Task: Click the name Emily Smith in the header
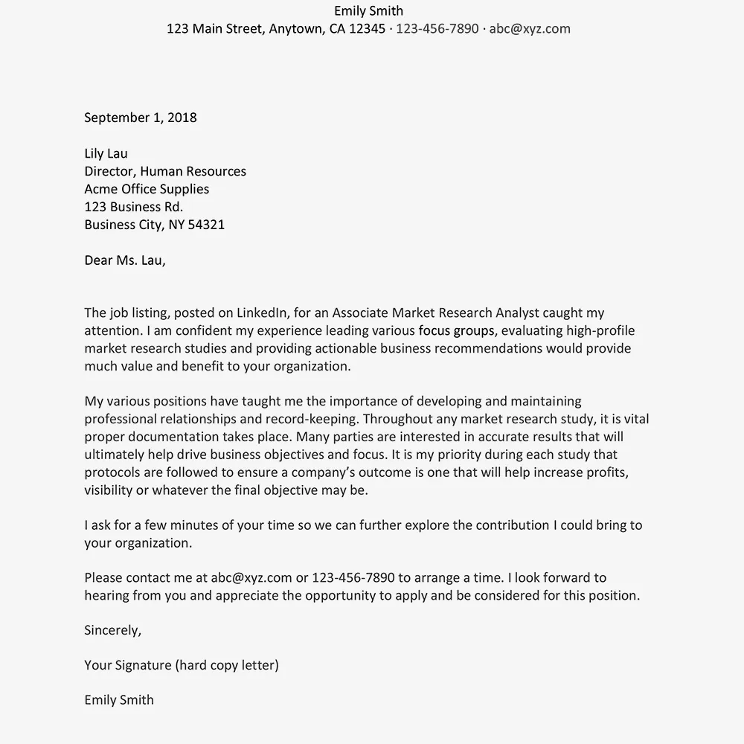[x=368, y=11]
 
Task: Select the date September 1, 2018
[x=141, y=118]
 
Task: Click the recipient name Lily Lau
[x=106, y=154]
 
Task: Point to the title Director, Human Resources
[x=165, y=172]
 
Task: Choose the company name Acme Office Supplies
[x=147, y=190]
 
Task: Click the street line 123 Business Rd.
[x=133, y=207]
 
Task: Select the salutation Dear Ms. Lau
[x=125, y=260]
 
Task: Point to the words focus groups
[x=456, y=331]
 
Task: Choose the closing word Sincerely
[x=112, y=631]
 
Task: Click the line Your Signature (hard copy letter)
[x=182, y=665]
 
